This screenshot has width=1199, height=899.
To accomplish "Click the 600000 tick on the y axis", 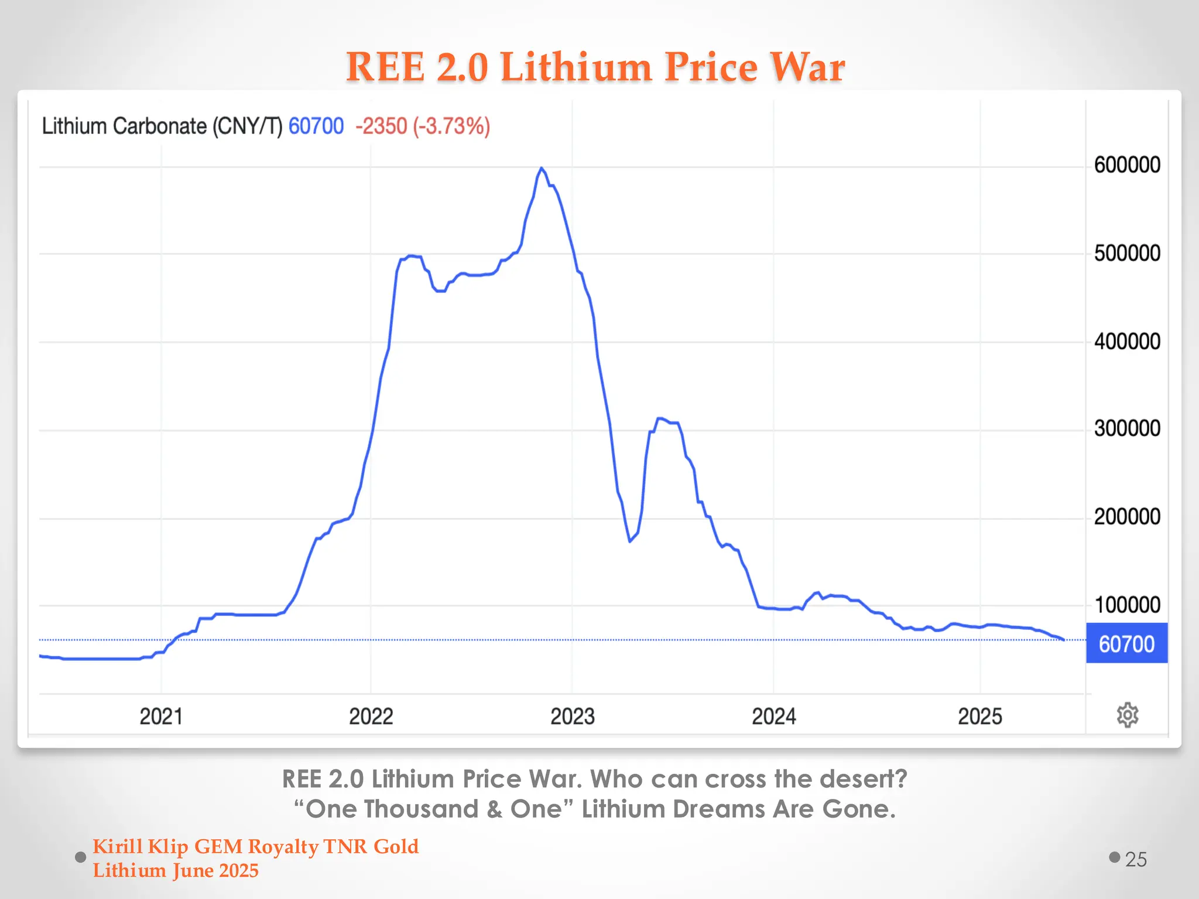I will pos(1126,165).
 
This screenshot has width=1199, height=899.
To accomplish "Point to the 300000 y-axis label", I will pos(1126,428).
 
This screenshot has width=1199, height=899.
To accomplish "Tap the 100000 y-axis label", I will pos(1126,605).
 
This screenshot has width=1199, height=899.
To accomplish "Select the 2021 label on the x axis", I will pos(161,716).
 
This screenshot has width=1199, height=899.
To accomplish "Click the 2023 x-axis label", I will pos(572,716).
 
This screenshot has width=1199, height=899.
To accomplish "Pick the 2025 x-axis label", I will pos(979,716).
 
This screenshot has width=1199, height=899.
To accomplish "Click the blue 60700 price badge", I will pos(1126,644).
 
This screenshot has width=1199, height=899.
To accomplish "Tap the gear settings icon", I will pos(1127,715).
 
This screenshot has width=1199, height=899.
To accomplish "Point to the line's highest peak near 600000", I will pos(542,169).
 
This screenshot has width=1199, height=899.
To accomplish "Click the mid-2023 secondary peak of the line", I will pos(660,418).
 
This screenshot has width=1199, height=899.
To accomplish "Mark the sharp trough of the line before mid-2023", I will pos(630,541).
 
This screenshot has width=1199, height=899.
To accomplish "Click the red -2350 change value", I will pos(381,126).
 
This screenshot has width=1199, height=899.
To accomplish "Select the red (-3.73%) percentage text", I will pos(451,126).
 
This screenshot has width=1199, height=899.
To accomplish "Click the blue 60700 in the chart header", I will pos(316,126).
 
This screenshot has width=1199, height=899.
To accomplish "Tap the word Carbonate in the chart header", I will pos(159,126).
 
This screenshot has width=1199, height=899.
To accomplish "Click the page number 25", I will pos(1135,859).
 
